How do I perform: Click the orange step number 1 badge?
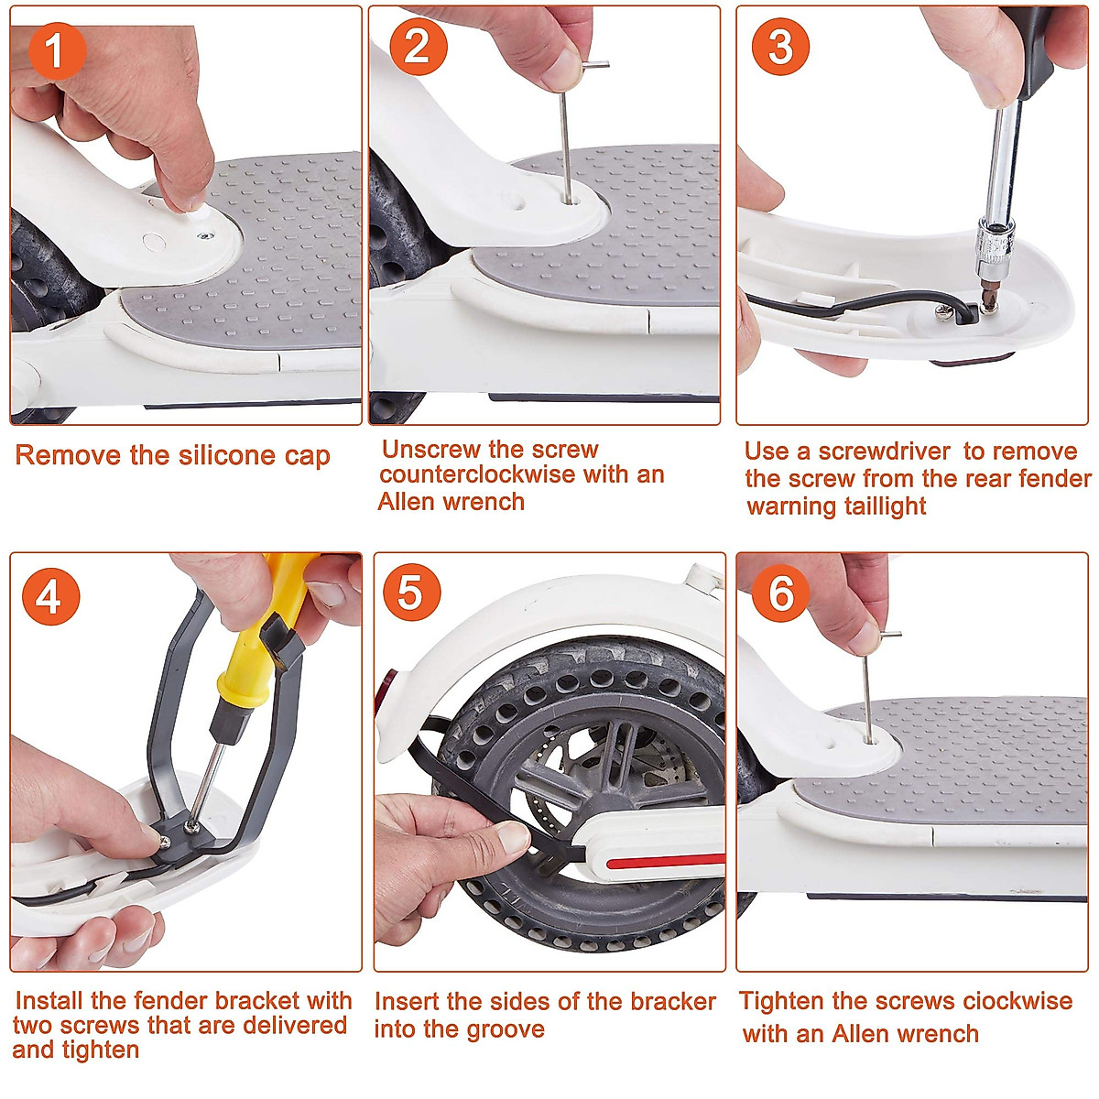point(57,50)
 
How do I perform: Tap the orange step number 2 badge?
point(418,47)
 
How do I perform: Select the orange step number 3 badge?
point(781,47)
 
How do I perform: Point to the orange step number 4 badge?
point(50,596)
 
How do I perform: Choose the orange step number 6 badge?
point(781,593)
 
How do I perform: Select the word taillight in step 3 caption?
point(886,506)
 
